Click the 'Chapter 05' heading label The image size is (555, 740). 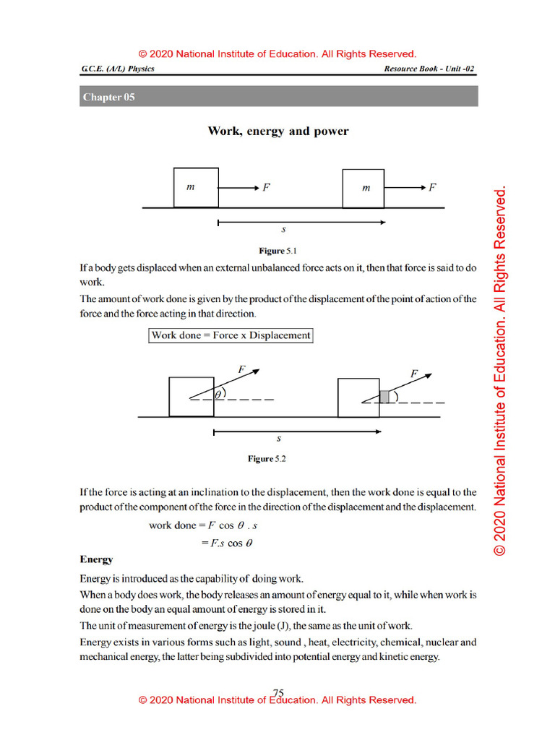[x=109, y=97]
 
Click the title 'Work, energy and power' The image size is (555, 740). [x=278, y=132]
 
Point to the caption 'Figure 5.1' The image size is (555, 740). [x=278, y=251]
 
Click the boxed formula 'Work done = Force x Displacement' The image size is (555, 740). [x=231, y=335]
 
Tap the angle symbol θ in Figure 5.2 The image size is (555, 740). [x=218, y=394]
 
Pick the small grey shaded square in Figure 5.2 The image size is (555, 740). [x=385, y=396]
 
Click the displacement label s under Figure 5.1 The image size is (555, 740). [x=284, y=230]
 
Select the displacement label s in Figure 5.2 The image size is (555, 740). [x=279, y=439]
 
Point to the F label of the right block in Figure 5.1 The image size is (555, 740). [x=432, y=187]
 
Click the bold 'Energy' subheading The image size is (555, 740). [x=96, y=559]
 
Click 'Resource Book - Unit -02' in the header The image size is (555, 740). [x=429, y=69]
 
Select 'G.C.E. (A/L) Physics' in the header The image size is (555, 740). [x=118, y=69]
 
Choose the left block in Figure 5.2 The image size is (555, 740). [x=191, y=396]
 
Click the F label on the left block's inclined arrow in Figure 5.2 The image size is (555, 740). [x=243, y=369]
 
